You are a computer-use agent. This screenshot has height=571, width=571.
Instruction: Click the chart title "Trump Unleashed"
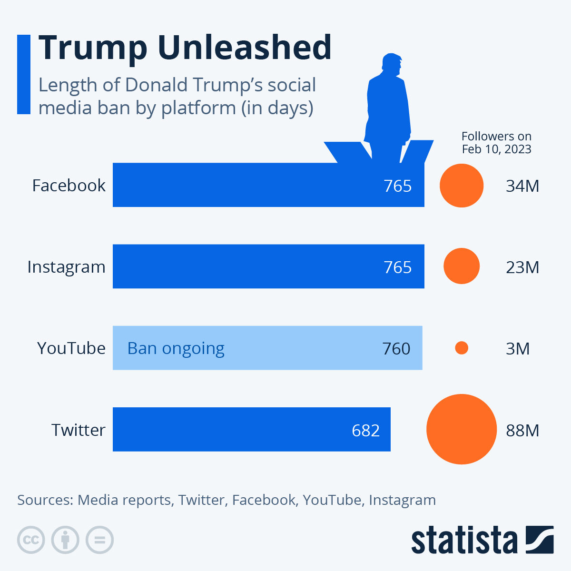point(185,48)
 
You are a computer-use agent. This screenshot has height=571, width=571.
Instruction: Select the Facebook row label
point(69,185)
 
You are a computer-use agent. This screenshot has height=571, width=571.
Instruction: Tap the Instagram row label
point(66,267)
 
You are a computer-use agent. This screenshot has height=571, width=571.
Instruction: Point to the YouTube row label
point(71,348)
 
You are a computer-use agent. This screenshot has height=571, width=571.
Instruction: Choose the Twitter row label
point(78,430)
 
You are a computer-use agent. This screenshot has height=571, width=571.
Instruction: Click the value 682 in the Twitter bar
point(365,430)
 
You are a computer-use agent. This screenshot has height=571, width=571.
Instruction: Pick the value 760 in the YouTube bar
point(396,349)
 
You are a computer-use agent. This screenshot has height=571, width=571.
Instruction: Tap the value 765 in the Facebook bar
point(397,186)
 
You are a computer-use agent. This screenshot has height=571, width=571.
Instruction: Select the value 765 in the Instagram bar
point(397,267)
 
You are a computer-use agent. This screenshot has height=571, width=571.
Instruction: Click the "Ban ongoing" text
point(176,348)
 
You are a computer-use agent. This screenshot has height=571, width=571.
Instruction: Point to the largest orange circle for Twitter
point(461,429)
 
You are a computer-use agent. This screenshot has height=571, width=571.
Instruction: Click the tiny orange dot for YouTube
point(461,348)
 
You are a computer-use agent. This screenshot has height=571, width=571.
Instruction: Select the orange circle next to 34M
point(461,186)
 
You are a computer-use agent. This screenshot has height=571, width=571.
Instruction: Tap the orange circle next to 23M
point(461,266)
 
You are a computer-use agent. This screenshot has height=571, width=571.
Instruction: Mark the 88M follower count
point(522,430)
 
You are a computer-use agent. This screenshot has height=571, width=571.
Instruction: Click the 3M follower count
point(517,349)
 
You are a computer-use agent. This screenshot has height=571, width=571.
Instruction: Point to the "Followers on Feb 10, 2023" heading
point(496,143)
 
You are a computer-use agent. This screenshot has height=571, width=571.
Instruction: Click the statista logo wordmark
point(464,541)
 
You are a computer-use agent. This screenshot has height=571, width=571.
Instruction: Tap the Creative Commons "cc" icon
point(31,540)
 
